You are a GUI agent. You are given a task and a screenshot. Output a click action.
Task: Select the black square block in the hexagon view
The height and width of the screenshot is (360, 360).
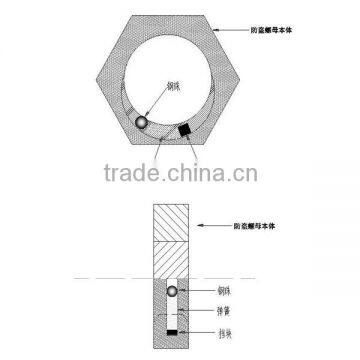[185, 130]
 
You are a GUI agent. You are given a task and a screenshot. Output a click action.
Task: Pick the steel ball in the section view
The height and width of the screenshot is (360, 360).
[172, 291]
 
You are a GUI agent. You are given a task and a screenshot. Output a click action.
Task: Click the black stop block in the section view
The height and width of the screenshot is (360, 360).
[172, 330]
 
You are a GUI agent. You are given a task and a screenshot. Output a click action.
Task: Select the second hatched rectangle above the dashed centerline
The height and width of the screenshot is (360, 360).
[172, 255]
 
